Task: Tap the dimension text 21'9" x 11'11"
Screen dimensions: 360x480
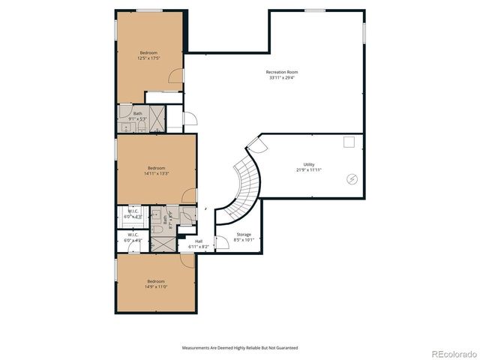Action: point(308,170)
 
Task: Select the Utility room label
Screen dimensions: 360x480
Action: point(308,164)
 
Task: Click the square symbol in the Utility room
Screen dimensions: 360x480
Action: point(349,142)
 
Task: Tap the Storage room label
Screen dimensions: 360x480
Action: point(244,235)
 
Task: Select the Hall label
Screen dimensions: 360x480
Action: point(199,241)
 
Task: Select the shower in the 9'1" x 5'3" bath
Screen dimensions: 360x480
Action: point(157,117)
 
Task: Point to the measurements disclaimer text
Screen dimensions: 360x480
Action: point(240,348)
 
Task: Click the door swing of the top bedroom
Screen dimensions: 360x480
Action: point(175,76)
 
